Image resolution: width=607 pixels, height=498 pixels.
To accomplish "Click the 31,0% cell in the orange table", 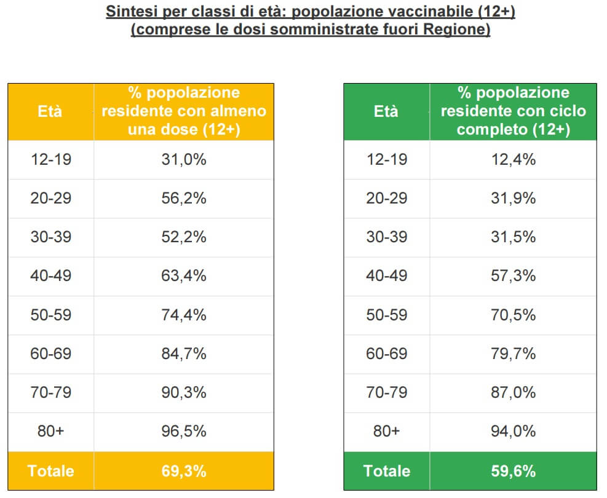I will [x=184, y=160].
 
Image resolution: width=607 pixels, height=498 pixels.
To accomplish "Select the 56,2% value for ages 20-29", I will [x=184, y=199].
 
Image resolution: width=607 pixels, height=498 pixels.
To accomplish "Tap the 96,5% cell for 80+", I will [x=184, y=431].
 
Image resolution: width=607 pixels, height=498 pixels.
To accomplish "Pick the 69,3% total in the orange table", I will [x=184, y=472].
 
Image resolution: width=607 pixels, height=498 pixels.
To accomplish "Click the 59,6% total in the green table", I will [x=513, y=472].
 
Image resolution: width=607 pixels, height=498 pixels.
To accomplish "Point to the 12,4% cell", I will [x=513, y=160].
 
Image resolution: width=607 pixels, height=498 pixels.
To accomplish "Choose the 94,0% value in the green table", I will [x=513, y=431].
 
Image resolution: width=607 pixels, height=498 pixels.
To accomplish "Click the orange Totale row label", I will [x=50, y=472].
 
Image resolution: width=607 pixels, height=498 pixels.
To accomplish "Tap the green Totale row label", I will [x=386, y=472].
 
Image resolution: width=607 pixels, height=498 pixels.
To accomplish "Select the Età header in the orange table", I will [x=50, y=112].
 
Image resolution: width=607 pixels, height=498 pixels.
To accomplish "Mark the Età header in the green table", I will [x=386, y=112].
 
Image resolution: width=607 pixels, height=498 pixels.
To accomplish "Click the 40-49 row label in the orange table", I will [x=50, y=276].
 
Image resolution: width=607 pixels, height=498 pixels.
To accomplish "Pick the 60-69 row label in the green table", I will [x=386, y=354].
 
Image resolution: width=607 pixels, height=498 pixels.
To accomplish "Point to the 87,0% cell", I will [x=513, y=392].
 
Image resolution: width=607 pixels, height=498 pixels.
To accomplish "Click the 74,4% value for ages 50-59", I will [x=184, y=315].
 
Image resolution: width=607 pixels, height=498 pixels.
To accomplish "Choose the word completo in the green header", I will [x=488, y=130].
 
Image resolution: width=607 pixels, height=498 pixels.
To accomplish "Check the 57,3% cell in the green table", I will [x=513, y=276].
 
